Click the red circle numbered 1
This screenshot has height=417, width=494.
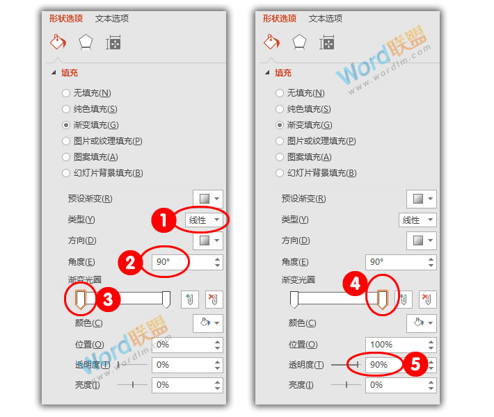click(x=162, y=221)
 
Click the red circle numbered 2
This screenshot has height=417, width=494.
click(x=129, y=263)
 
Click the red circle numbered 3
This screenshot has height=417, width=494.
click(x=109, y=300)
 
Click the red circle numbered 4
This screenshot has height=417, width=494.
click(x=355, y=284)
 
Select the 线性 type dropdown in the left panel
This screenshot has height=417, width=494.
click(x=202, y=220)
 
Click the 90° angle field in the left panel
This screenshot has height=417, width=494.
click(x=181, y=262)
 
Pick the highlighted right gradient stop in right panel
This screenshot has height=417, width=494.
click(x=381, y=300)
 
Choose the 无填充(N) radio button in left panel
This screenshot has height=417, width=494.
click(x=66, y=92)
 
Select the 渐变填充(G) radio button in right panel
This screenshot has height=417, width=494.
click(x=280, y=125)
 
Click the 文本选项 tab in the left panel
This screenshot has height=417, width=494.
click(x=112, y=19)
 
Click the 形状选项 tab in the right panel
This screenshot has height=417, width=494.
click(x=280, y=19)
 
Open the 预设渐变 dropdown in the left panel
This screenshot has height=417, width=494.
click(x=208, y=199)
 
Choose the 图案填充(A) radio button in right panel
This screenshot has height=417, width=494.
click(x=280, y=157)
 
